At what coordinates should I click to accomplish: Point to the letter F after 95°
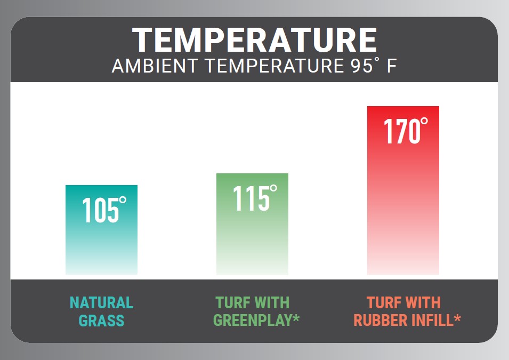392,66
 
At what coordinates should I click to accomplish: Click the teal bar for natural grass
102,230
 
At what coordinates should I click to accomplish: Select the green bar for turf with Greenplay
252,224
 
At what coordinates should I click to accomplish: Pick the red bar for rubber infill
403,190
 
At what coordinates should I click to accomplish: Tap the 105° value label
104,210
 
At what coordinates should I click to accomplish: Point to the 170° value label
406,131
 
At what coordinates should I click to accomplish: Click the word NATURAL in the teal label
102,302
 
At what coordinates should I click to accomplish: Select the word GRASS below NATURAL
102,321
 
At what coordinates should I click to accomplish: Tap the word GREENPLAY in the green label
253,321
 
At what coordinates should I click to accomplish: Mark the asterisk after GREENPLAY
296,318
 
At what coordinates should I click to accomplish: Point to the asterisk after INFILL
457,318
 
